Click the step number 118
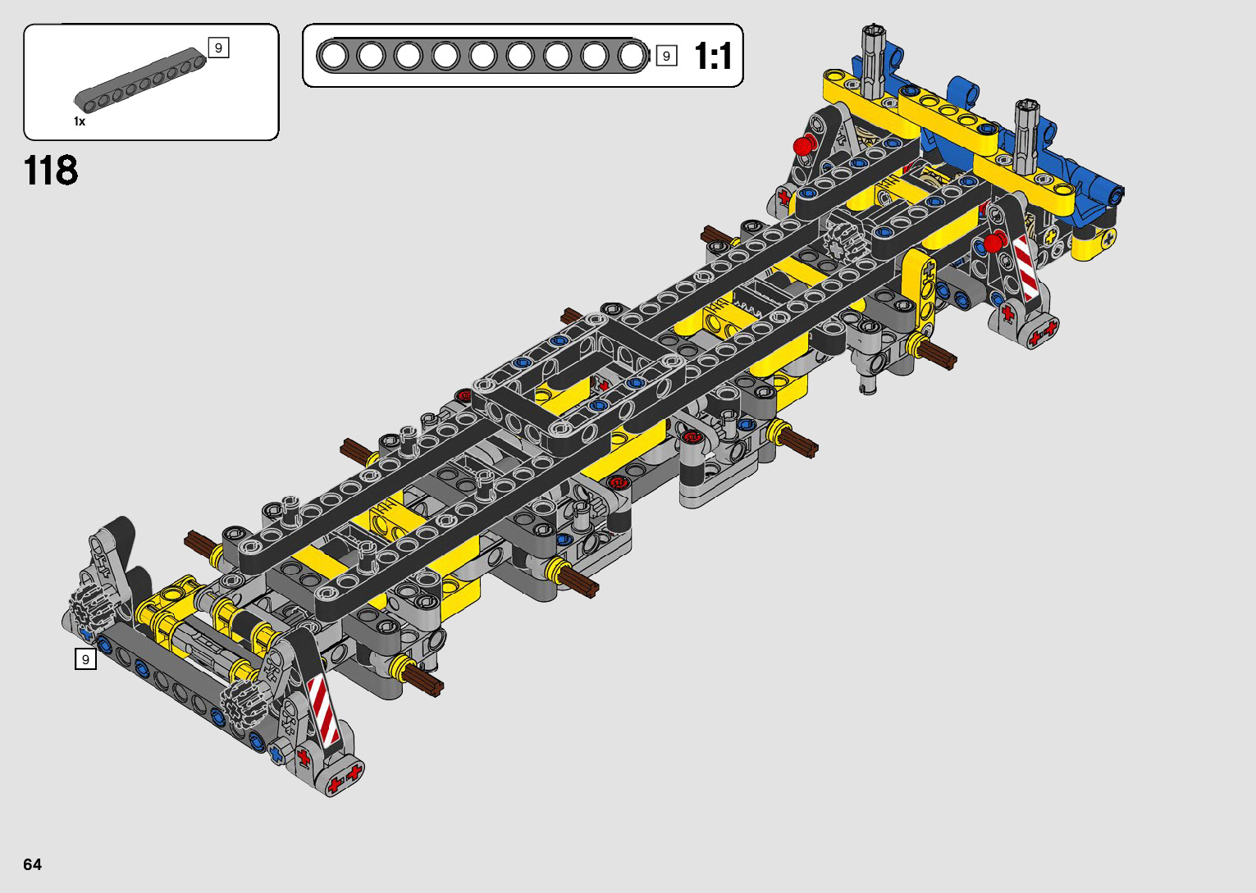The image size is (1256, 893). tap(51, 171)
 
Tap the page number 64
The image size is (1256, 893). tap(33, 864)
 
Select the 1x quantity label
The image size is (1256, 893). tap(80, 121)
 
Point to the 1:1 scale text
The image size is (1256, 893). tap(713, 56)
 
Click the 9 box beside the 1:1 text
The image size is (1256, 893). tap(666, 56)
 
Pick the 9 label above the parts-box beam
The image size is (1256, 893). tap(219, 48)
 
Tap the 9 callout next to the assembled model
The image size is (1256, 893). tap(86, 659)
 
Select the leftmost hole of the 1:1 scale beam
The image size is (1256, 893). tap(334, 56)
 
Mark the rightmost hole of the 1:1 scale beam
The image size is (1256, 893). tap(632, 56)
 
